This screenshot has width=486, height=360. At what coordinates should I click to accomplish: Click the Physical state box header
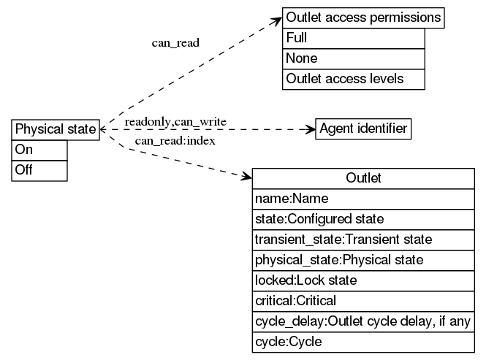(x=56, y=129)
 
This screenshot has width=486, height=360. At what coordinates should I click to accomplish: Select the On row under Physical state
(x=40, y=150)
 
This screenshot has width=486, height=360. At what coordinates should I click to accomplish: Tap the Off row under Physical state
(x=40, y=170)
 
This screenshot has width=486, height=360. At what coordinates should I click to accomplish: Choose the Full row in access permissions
(x=353, y=38)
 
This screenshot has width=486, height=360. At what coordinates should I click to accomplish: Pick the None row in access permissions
(x=353, y=58)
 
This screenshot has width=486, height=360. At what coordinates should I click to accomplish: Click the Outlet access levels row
(x=353, y=79)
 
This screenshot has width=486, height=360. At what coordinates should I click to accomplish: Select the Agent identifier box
(x=363, y=129)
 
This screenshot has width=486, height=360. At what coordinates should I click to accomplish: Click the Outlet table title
(x=363, y=178)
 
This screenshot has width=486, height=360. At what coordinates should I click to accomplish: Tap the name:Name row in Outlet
(x=363, y=199)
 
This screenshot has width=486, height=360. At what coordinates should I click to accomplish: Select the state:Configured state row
(x=363, y=219)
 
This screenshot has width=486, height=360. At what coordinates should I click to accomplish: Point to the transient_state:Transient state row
(x=363, y=240)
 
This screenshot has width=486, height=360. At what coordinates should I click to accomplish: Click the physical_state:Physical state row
(x=363, y=260)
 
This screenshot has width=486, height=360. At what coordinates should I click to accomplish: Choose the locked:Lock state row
(x=363, y=280)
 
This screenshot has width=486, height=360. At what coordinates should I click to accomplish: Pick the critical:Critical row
(x=363, y=301)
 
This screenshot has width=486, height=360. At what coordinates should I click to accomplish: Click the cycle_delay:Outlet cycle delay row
(x=363, y=321)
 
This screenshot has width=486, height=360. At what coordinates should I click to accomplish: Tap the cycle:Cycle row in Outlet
(x=363, y=342)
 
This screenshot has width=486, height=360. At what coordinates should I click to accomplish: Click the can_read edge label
(x=175, y=42)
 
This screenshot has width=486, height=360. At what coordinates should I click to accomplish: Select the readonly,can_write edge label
(x=175, y=120)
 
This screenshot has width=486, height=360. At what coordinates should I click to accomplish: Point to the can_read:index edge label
(x=175, y=140)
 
